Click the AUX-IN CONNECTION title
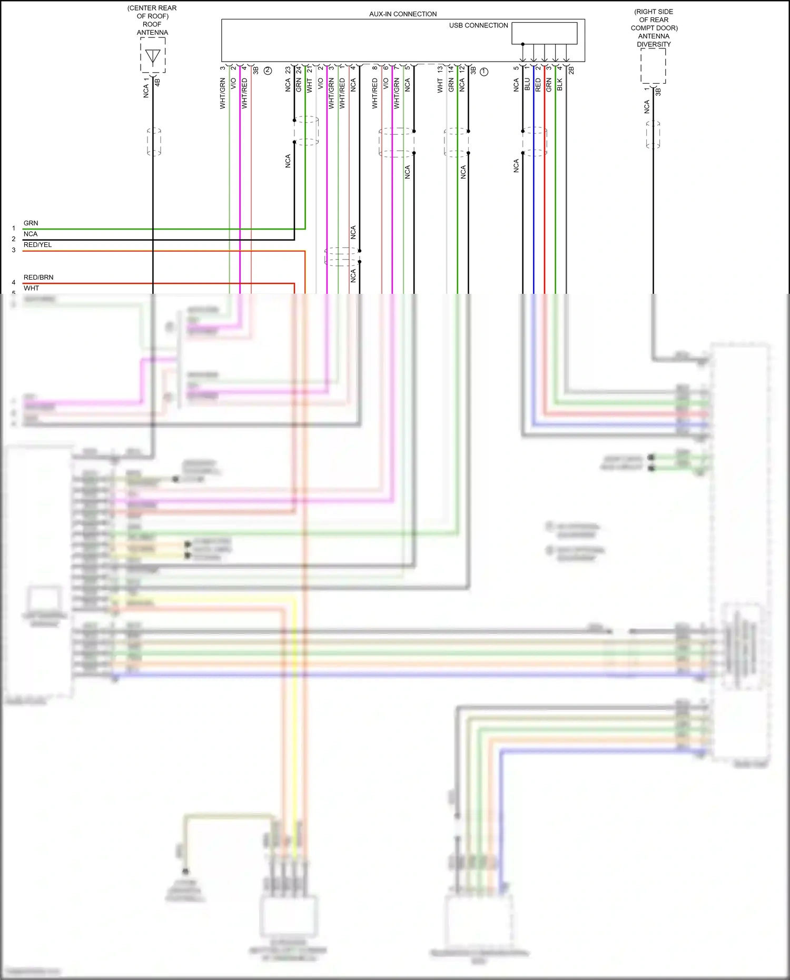(x=403, y=14)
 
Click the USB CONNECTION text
(x=478, y=25)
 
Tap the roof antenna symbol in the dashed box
(x=153, y=56)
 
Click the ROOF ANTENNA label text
(x=152, y=28)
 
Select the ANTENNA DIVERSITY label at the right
(x=654, y=40)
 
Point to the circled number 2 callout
(x=268, y=71)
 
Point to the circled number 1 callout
(x=484, y=72)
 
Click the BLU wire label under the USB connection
(x=527, y=84)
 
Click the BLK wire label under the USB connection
(x=560, y=84)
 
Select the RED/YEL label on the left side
(x=37, y=245)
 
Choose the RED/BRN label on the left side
(x=38, y=278)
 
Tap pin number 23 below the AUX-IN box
(x=288, y=70)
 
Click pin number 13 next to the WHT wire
(x=440, y=70)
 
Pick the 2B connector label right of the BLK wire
(x=571, y=70)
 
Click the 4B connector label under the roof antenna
(x=157, y=82)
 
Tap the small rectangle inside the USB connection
(x=545, y=33)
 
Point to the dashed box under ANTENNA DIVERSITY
(x=653, y=66)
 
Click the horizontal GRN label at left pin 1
(x=31, y=223)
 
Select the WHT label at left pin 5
(x=31, y=289)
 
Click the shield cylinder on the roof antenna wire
(x=154, y=142)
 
